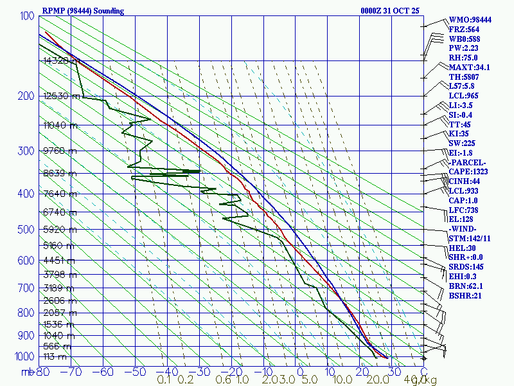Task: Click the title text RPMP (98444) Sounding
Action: (x=84, y=11)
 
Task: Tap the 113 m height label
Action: (x=55, y=357)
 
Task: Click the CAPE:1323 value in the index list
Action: (x=469, y=172)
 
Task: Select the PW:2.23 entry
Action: (x=464, y=48)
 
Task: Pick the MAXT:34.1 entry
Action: (x=469, y=67)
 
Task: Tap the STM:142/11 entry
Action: (x=470, y=239)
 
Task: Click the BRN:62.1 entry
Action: (x=466, y=286)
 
